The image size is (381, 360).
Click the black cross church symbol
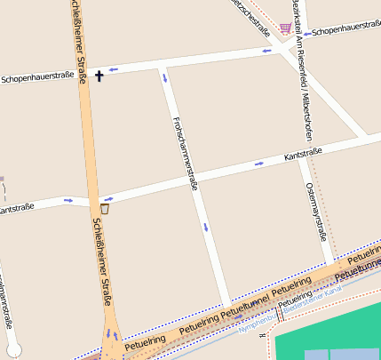pos(99,76)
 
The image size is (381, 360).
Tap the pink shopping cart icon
pos(284,29)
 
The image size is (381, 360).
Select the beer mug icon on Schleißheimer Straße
pos(105,210)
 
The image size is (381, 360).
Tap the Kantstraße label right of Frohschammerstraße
pos(303,155)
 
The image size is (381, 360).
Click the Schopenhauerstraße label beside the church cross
pos(37,78)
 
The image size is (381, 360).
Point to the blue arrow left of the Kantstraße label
pos(259,164)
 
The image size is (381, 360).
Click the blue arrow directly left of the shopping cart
pos(266,51)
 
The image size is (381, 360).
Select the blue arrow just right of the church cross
pos(112,68)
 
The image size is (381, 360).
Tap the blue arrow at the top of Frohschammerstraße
pos(163,80)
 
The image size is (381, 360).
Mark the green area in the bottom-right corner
pos(329,329)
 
